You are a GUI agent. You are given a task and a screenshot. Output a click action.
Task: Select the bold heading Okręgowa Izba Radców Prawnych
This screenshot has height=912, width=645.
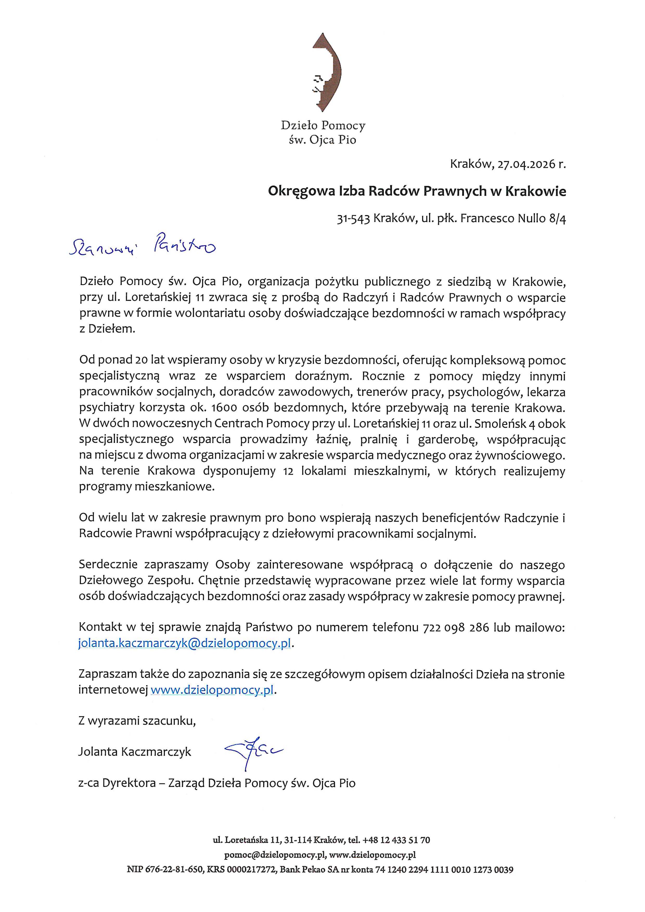tap(417, 191)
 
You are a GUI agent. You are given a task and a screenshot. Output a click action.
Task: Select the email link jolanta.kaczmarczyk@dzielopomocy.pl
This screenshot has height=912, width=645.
tap(185, 643)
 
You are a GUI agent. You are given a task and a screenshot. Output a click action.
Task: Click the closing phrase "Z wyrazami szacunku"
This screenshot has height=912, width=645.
tap(137, 721)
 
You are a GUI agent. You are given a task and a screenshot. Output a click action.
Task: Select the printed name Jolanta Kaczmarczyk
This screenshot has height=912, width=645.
tap(135, 752)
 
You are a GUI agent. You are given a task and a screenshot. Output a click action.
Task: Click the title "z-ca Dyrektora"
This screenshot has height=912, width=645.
tap(117, 783)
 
